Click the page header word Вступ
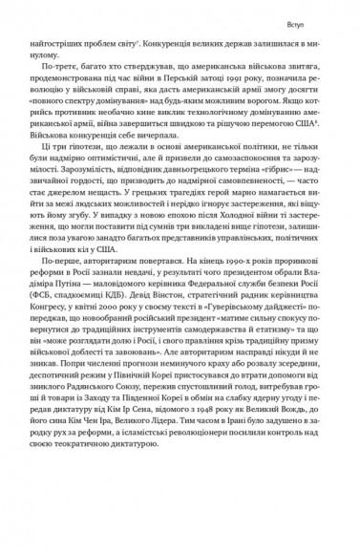tap(322, 18)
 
